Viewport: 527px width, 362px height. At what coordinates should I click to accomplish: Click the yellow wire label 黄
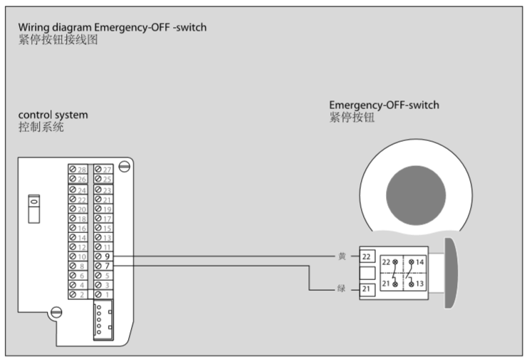click(341, 256)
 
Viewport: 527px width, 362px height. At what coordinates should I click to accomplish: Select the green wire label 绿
click(341, 289)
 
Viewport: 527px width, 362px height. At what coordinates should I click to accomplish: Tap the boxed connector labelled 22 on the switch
click(366, 256)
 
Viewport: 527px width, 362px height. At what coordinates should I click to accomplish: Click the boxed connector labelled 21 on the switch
click(366, 289)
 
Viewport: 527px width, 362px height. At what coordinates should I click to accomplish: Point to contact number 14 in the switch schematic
click(421, 262)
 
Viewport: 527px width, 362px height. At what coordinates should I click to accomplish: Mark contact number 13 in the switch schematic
click(421, 283)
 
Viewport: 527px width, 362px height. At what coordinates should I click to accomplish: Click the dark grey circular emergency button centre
click(415, 193)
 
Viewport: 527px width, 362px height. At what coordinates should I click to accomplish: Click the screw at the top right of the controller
click(124, 167)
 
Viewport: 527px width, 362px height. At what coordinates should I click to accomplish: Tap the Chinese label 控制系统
click(41, 128)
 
